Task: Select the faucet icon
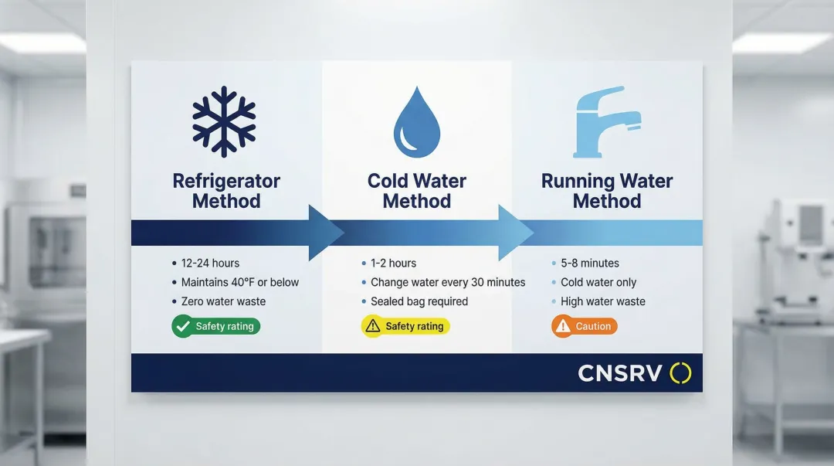pos(607,122)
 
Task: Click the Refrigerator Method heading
pos(226,191)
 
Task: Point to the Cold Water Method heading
pos(417,191)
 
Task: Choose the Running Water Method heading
pos(607,191)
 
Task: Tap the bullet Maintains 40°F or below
pos(239,282)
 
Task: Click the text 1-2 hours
pos(393,263)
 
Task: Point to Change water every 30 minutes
pos(447,282)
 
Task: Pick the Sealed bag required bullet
pos(419,301)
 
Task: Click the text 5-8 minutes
pos(589,263)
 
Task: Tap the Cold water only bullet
pos(598,282)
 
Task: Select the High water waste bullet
pos(602,301)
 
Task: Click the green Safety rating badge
pos(215,326)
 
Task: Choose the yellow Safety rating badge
pos(405,326)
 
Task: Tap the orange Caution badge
pos(585,326)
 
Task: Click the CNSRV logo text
pos(620,374)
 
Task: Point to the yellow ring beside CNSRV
pos(680,373)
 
